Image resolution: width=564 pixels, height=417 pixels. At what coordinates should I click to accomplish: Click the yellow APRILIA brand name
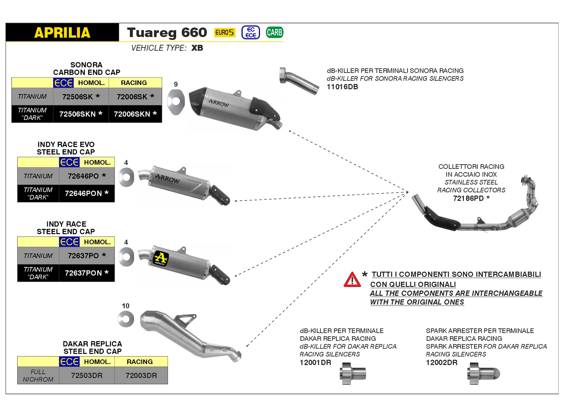62,33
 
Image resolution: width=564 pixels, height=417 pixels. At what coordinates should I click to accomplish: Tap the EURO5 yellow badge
224,32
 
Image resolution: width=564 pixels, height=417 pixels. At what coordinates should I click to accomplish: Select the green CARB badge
274,32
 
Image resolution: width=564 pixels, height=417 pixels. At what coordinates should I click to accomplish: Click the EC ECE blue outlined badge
251,32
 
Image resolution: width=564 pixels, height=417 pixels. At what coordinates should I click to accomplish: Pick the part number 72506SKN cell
81,114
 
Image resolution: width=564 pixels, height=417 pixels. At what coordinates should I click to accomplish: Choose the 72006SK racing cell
135,97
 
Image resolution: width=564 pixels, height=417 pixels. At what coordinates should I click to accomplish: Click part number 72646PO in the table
86,176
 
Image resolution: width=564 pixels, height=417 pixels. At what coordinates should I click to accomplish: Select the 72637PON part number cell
86,273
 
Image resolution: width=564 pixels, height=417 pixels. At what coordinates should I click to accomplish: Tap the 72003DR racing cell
141,376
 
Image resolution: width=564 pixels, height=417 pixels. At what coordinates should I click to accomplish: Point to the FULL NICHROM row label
38,376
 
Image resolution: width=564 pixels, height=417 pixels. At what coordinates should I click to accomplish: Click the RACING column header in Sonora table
134,83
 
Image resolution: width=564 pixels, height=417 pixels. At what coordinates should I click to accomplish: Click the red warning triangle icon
352,280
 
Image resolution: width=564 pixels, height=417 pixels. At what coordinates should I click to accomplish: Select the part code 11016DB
342,87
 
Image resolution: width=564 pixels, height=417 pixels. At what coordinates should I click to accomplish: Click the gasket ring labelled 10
126,319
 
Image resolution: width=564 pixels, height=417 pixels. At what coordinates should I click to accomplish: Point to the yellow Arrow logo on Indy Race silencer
161,258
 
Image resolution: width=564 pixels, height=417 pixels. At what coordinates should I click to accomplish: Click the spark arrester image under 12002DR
484,374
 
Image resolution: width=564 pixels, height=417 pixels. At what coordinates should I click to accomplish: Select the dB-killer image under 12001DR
353,374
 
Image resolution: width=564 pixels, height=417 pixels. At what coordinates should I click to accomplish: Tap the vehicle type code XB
197,48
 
